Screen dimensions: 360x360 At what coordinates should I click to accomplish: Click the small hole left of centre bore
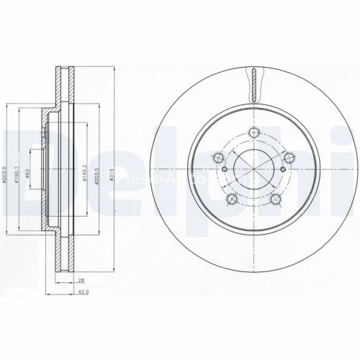click(225, 170)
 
